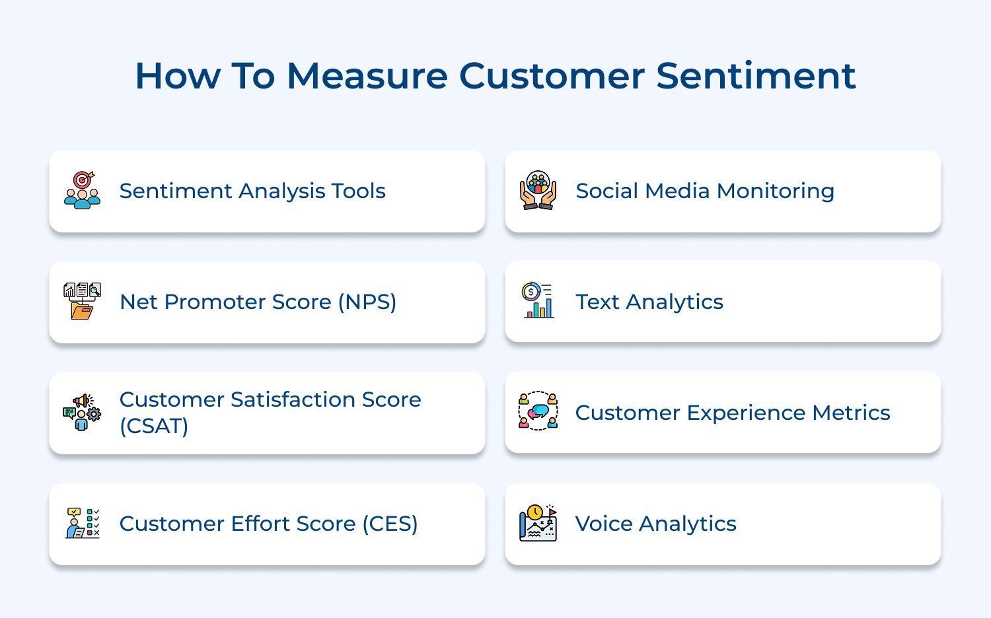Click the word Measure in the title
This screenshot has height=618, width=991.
pos(367,76)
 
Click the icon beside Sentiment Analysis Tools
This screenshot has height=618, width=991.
pos(83,190)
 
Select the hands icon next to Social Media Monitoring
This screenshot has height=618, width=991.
pos(538,190)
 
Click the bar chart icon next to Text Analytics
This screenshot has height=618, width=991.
pos(538,301)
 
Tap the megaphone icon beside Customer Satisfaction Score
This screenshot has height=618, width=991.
pos(83,412)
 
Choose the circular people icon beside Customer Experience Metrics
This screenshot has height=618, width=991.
pos(538,411)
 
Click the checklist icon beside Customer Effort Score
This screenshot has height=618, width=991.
pos(83,523)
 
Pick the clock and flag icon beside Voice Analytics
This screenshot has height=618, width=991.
pos(538,523)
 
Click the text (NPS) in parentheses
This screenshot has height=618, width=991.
pos(367,302)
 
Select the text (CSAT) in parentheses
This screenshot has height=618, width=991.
pos(154,426)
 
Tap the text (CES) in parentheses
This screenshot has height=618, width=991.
pos(390,524)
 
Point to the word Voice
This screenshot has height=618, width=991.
pos(604,524)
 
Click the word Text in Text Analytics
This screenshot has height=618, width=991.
pos(597,302)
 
